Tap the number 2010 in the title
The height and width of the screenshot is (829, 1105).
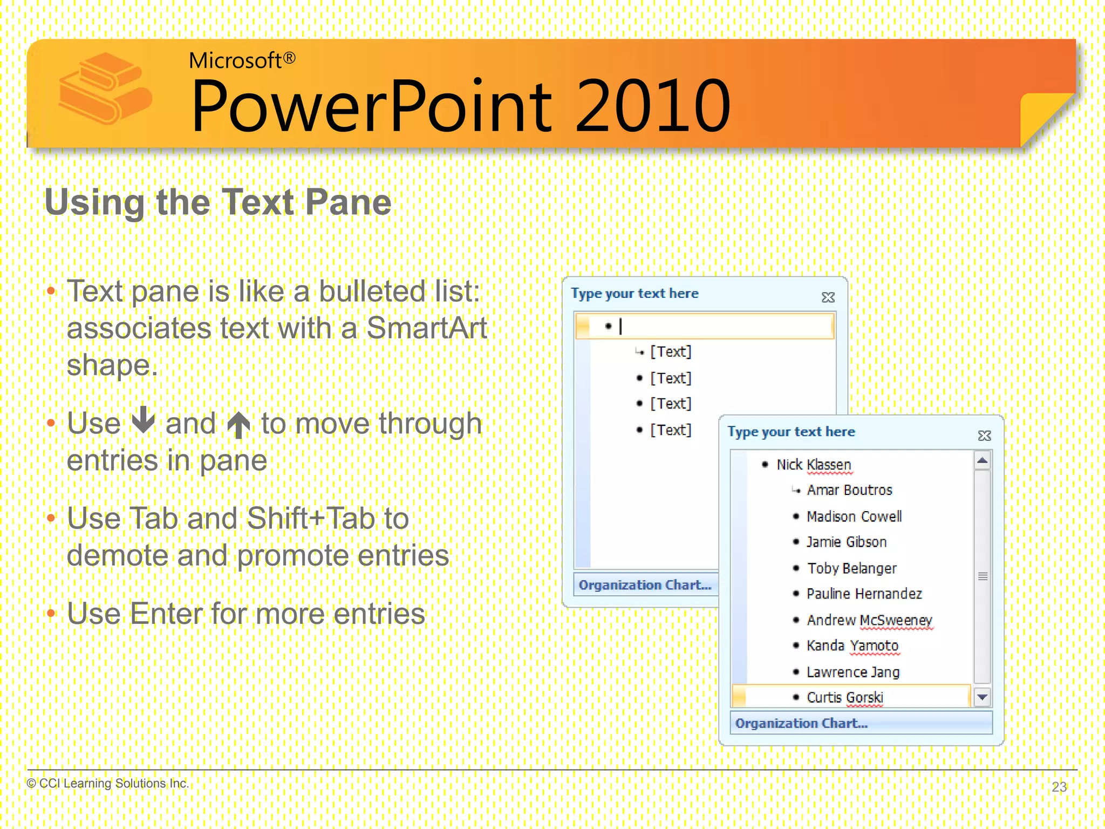[x=652, y=106]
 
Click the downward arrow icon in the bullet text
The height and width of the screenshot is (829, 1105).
[x=144, y=420]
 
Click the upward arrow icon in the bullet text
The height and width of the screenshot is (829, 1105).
[x=238, y=425]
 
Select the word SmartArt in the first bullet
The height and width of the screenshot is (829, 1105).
[x=426, y=328]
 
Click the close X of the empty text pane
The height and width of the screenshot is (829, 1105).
[x=828, y=297]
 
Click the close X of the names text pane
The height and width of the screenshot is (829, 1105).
[x=984, y=436]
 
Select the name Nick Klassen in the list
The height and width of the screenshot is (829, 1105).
[x=813, y=465]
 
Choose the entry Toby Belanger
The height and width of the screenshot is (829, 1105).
[x=851, y=568]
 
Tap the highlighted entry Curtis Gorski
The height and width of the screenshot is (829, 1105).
[x=844, y=697]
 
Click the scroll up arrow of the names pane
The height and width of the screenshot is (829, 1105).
[x=982, y=461]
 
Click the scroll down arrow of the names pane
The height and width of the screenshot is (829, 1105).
[x=982, y=697]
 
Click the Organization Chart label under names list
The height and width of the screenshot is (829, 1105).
[x=801, y=723]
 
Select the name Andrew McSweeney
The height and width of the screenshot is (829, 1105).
[x=869, y=620]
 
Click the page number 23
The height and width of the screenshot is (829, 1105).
[x=1059, y=787]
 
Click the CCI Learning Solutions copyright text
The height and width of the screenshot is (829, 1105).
[x=108, y=783]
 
